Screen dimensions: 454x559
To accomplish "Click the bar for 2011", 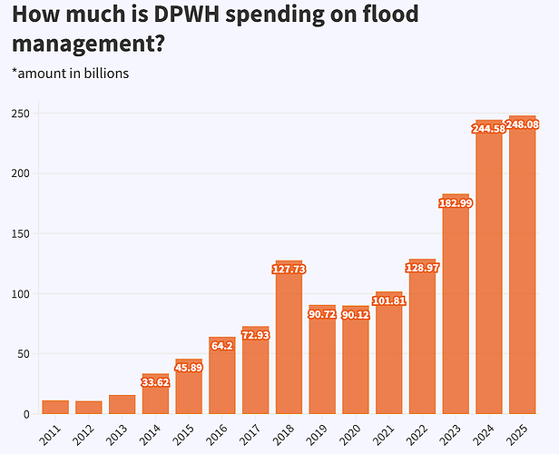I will [55, 407].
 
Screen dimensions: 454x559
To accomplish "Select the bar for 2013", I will [122, 404].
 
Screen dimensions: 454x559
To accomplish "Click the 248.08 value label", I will [522, 124].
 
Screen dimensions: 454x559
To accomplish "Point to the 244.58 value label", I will [489, 129].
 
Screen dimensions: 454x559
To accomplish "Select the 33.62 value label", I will [155, 381].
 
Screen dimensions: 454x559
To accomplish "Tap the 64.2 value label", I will [222, 345].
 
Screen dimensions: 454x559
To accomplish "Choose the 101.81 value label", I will [388, 301].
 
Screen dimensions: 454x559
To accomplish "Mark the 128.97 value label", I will [422, 268].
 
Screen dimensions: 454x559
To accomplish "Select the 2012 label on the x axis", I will [84, 434].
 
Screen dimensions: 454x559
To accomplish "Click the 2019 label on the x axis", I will [318, 434].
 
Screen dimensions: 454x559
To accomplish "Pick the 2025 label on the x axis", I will [518, 434].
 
